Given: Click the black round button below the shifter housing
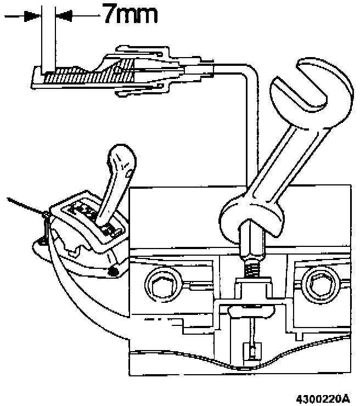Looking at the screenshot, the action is pos(114,271).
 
